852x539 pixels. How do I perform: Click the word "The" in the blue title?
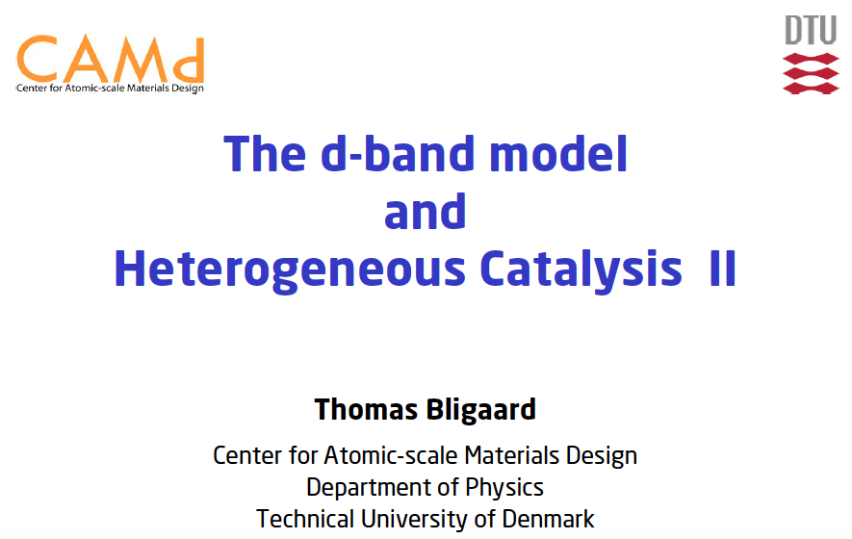[265, 154]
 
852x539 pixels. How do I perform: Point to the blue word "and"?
[425, 212]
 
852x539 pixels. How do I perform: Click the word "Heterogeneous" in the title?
[290, 270]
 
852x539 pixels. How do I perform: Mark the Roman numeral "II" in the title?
[723, 268]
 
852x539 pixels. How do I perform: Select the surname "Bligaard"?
[481, 410]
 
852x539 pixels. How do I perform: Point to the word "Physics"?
[504, 488]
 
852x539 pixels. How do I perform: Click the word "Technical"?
[305, 519]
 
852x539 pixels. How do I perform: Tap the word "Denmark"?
[548, 519]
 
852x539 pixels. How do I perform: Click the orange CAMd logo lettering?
[111, 59]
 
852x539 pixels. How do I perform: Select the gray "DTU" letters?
[811, 30]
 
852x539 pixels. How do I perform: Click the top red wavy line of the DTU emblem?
[812, 59]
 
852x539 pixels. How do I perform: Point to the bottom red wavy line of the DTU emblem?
[812, 88]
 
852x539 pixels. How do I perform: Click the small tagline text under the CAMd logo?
[110, 88]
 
